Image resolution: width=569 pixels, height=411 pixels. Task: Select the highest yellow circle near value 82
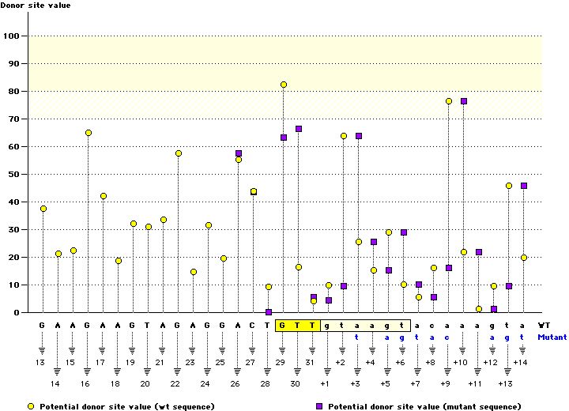pos(284,85)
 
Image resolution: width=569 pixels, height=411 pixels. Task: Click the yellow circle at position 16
pos(88,133)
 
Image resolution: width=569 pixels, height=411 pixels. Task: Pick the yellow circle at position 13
pos(43,209)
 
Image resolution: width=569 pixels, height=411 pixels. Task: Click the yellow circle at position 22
pos(179,153)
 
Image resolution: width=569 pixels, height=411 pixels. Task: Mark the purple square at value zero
pos(269,312)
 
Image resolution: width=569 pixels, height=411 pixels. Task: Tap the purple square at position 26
pos(239,153)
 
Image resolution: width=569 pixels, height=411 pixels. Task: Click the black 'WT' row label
pos(544,325)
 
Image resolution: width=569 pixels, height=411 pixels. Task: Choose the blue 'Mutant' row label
pos(551,336)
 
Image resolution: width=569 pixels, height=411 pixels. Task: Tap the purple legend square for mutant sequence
pos(320,405)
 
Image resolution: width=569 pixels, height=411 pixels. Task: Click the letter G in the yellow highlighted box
pos(284,325)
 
